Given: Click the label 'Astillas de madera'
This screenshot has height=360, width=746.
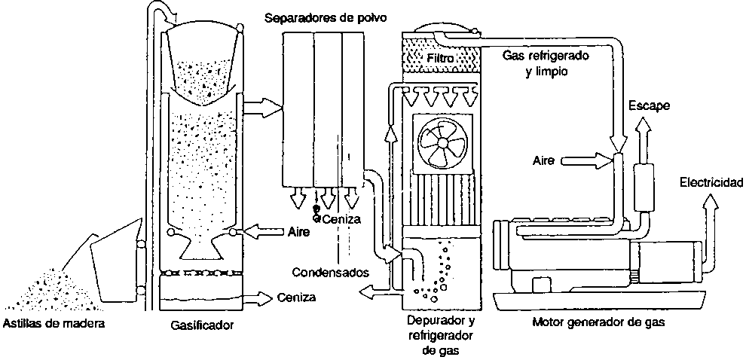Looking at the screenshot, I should pyautogui.click(x=52, y=325).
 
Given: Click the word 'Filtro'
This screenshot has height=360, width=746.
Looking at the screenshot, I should pyautogui.click(x=440, y=57).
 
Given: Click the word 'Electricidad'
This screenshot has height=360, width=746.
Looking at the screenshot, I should pyautogui.click(x=711, y=182).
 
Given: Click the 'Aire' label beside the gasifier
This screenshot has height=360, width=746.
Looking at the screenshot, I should pyautogui.click(x=300, y=231).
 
